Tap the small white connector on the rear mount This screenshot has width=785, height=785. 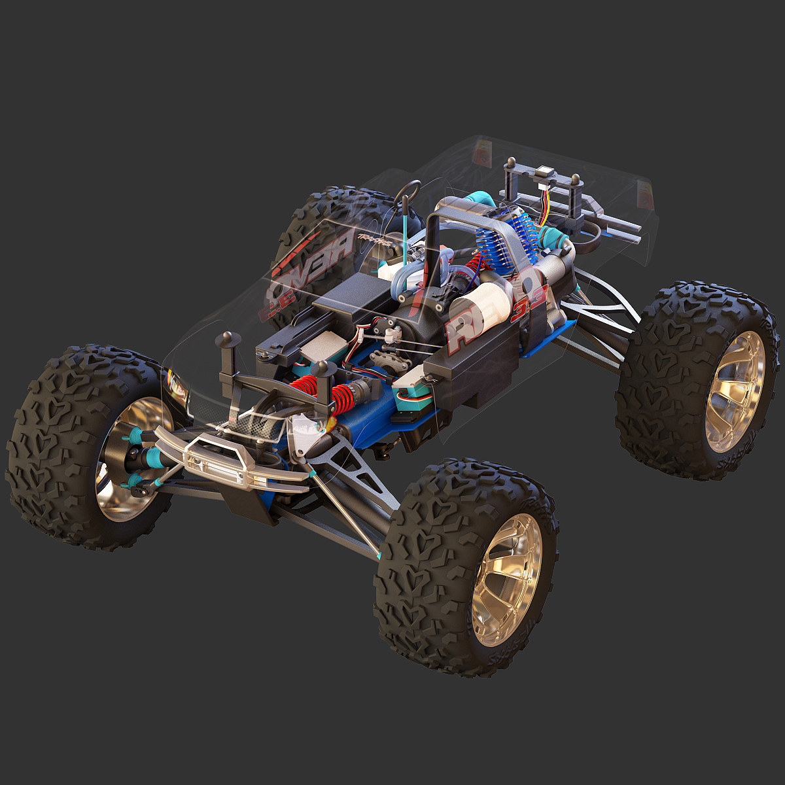point(544,173)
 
